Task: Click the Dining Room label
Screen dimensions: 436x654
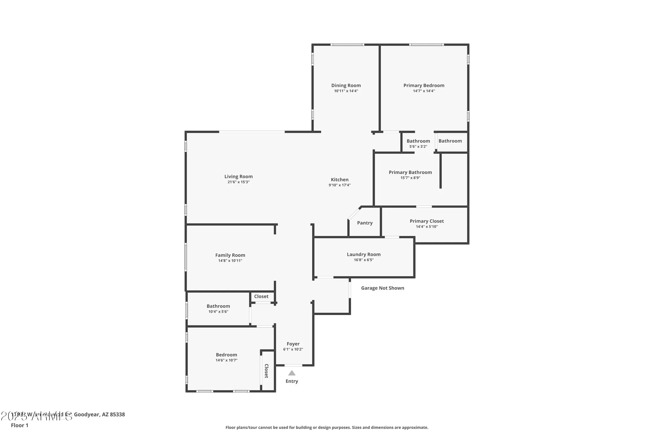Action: click(346, 85)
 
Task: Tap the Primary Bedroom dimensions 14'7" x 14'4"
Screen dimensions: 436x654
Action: click(424, 91)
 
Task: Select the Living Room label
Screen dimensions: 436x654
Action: click(238, 176)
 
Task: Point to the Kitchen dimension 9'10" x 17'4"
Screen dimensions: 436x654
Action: click(339, 185)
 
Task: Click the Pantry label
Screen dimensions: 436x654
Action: click(365, 223)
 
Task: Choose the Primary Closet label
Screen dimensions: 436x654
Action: click(427, 221)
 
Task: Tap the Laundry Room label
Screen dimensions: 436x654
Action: click(364, 254)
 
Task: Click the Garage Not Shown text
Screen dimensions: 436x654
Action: click(383, 288)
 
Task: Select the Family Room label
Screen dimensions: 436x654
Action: click(230, 255)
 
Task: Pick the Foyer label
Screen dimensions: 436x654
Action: click(293, 344)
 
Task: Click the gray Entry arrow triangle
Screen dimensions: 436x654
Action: click(292, 373)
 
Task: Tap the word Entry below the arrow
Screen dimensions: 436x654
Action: click(292, 381)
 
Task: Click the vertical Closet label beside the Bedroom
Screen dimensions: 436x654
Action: click(266, 371)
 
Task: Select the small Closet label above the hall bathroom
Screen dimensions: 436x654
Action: click(261, 296)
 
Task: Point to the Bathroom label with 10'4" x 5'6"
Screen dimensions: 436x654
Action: click(218, 306)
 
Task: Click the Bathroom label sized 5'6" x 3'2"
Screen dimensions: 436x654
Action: click(418, 141)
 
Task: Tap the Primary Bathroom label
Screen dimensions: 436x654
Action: click(410, 172)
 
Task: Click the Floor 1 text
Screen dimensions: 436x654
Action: click(20, 425)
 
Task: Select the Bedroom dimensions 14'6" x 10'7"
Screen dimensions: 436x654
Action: click(226, 360)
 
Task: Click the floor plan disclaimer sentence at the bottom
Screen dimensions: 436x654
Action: click(327, 427)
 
